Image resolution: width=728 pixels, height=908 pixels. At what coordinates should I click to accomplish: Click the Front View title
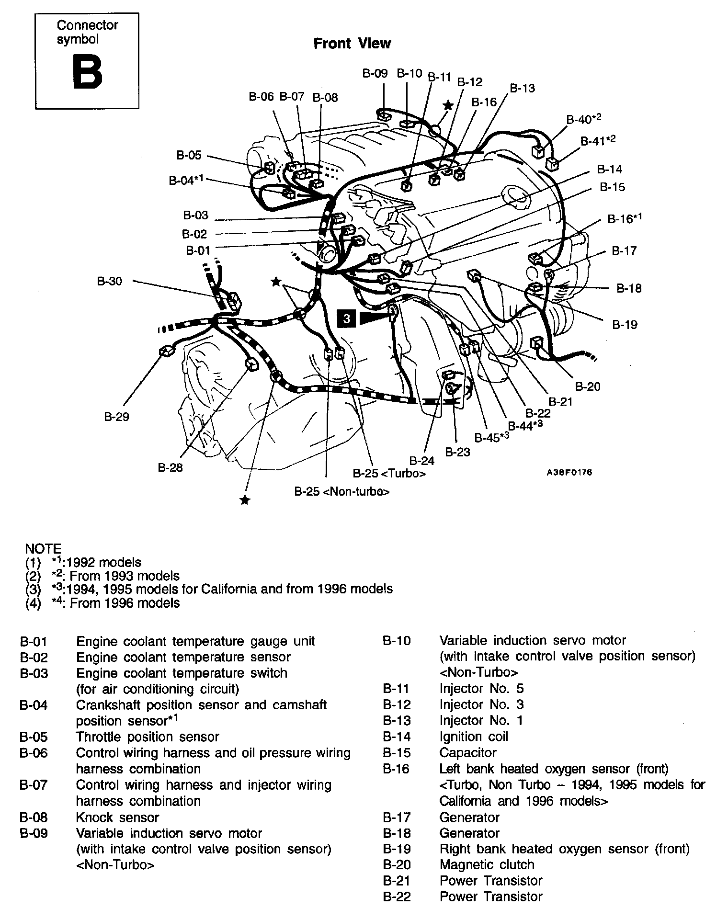click(x=352, y=44)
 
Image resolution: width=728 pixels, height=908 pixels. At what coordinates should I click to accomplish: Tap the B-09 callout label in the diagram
click(x=375, y=73)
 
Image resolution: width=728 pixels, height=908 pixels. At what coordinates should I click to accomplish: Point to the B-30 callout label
click(x=110, y=281)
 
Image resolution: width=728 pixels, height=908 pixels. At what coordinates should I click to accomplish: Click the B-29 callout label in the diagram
click(x=116, y=417)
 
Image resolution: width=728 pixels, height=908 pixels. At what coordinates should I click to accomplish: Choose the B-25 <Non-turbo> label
click(x=341, y=491)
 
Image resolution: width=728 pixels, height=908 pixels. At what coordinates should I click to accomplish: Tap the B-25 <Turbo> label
click(x=389, y=474)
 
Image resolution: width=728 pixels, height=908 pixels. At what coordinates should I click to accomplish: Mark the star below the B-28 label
click(x=245, y=500)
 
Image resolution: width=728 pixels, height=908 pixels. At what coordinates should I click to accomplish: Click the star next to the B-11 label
click(x=448, y=105)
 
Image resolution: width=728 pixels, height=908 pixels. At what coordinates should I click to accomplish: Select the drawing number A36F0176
click(x=569, y=472)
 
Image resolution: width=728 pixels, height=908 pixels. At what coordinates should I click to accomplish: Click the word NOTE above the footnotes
click(x=43, y=548)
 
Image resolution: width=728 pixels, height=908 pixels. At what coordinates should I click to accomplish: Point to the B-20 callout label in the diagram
click(x=587, y=386)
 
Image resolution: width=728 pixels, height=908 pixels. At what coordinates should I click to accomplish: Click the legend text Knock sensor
click(x=117, y=817)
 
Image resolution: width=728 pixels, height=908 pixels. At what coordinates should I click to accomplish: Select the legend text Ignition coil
click(x=473, y=737)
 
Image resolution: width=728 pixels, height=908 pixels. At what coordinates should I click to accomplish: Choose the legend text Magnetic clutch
click(x=487, y=864)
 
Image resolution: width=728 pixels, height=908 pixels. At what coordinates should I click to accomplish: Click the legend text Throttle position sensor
click(x=148, y=737)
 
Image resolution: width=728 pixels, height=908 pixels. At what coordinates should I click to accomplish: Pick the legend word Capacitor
click(x=467, y=752)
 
